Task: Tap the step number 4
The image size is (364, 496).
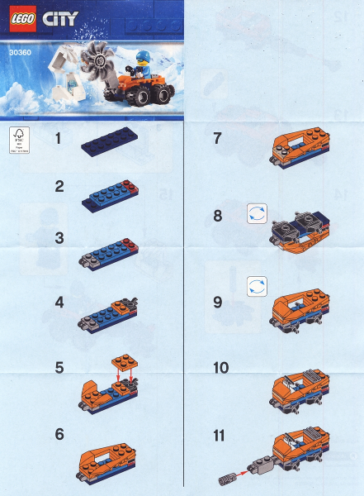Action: point(59,303)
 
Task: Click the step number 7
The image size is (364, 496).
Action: point(218,139)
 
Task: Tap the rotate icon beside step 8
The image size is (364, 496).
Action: point(256,213)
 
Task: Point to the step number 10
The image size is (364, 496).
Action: point(222,365)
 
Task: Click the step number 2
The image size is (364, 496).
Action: point(59,187)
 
